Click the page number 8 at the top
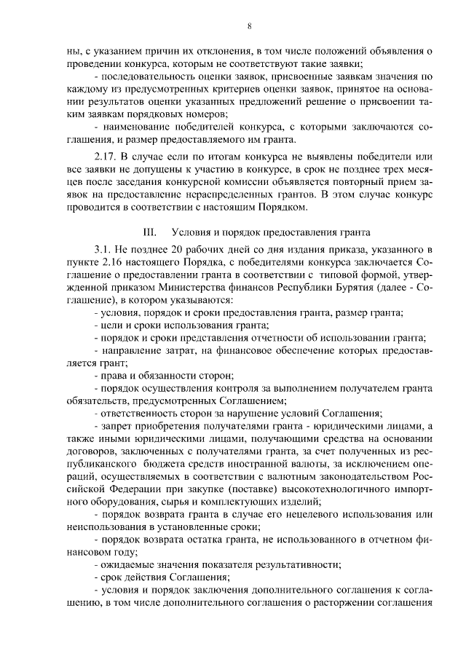point(249,27)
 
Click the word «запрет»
point(116,424)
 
